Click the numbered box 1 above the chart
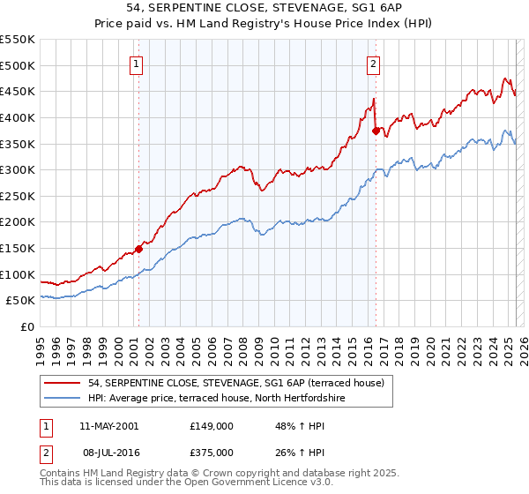[x=138, y=64]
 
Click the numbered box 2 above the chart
[x=374, y=64]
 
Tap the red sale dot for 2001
[x=138, y=249]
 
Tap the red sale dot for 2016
[x=376, y=131]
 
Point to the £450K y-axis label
[x=17, y=91]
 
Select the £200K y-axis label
[x=17, y=221]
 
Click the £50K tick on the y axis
[x=20, y=301]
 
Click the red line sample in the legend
[x=63, y=384]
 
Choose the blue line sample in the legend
[x=63, y=400]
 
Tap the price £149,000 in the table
[x=211, y=426]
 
